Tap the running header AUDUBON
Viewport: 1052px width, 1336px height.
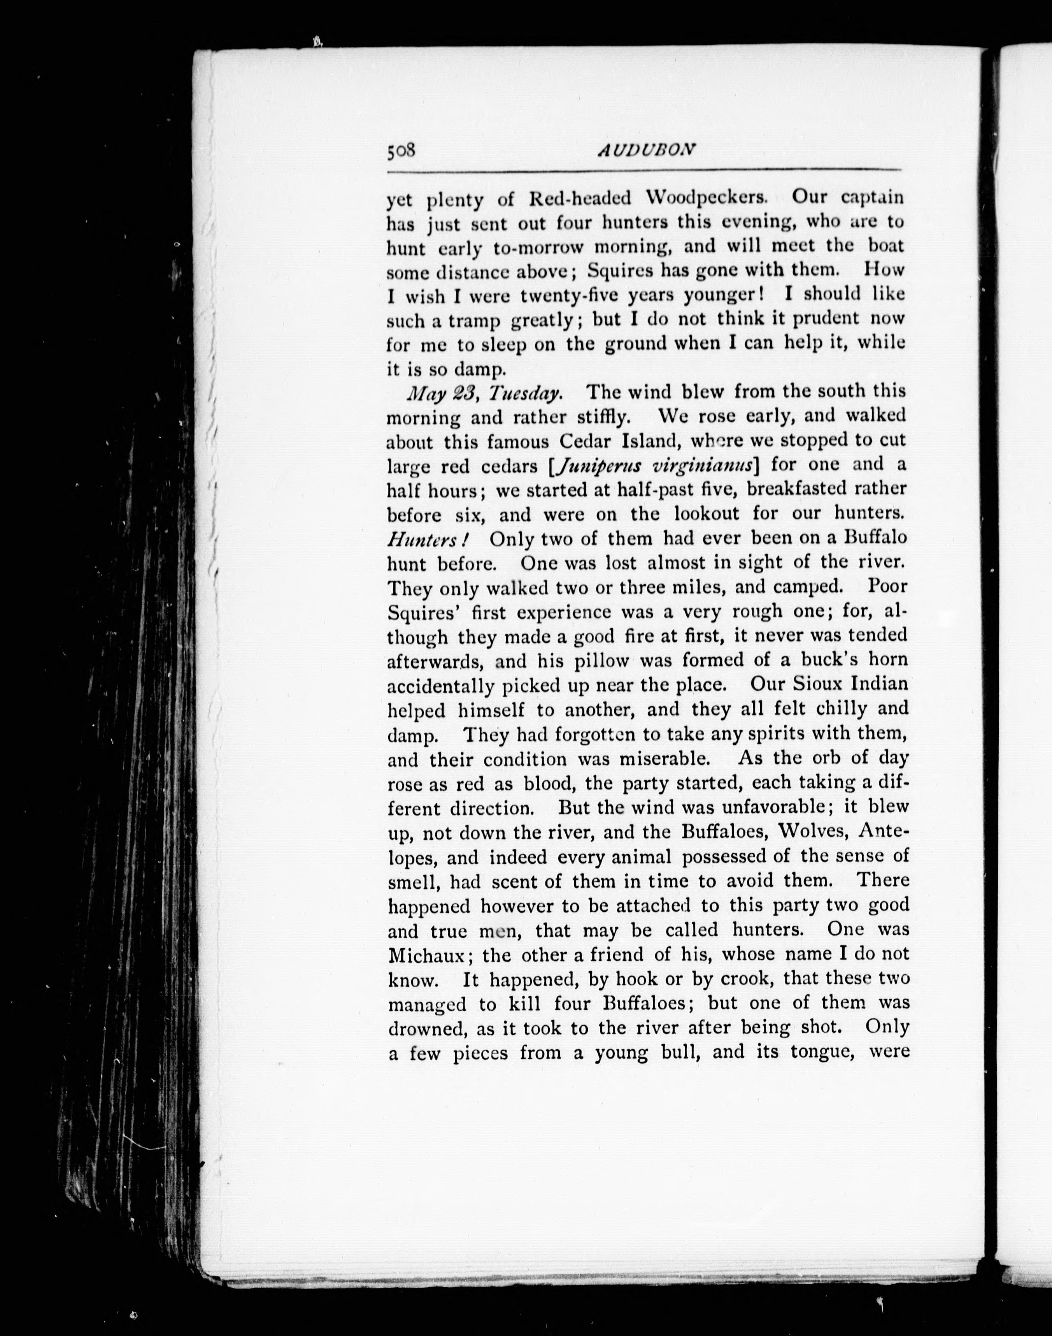647,150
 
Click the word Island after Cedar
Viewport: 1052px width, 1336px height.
644,441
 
